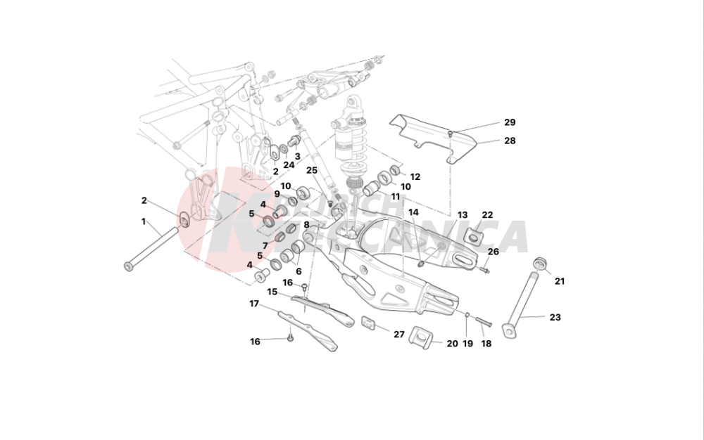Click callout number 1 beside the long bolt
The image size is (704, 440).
click(x=144, y=221)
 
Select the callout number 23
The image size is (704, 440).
click(x=555, y=317)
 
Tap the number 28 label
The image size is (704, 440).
click(x=510, y=141)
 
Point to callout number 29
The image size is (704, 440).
click(x=510, y=122)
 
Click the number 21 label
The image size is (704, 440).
click(x=560, y=281)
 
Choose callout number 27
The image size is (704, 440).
click(x=399, y=335)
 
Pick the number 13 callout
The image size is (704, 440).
click(x=463, y=215)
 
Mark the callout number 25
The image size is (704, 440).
click(x=312, y=170)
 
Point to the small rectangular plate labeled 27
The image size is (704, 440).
click(x=368, y=323)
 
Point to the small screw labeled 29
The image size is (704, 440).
click(x=451, y=132)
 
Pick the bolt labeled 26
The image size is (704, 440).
click(x=486, y=268)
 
